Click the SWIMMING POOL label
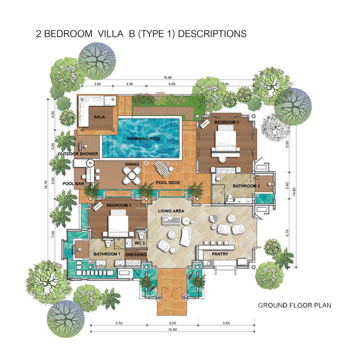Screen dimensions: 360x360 (144, 139)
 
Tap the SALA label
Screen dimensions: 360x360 (99, 117)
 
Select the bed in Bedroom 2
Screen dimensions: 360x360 (225, 138)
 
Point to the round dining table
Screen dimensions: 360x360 (131, 175)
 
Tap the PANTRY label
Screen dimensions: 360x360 (220, 254)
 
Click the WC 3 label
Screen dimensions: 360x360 (139, 243)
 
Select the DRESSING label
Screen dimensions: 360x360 (136, 254)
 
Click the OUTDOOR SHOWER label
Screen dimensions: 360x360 (78, 154)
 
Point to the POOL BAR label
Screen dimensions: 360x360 (73, 184)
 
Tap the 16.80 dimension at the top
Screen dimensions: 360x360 (167, 77)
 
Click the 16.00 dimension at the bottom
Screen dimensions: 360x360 (172, 329)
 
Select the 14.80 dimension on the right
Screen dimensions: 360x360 (294, 192)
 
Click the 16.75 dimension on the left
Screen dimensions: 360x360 (46, 184)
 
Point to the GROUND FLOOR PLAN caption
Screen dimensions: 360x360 (295, 306)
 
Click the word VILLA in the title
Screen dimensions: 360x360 (111, 34)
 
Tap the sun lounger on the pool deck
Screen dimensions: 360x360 (163, 169)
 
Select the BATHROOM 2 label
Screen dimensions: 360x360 (246, 186)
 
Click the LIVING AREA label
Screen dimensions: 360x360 (171, 211)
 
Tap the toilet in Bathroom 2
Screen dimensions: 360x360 (229, 198)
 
